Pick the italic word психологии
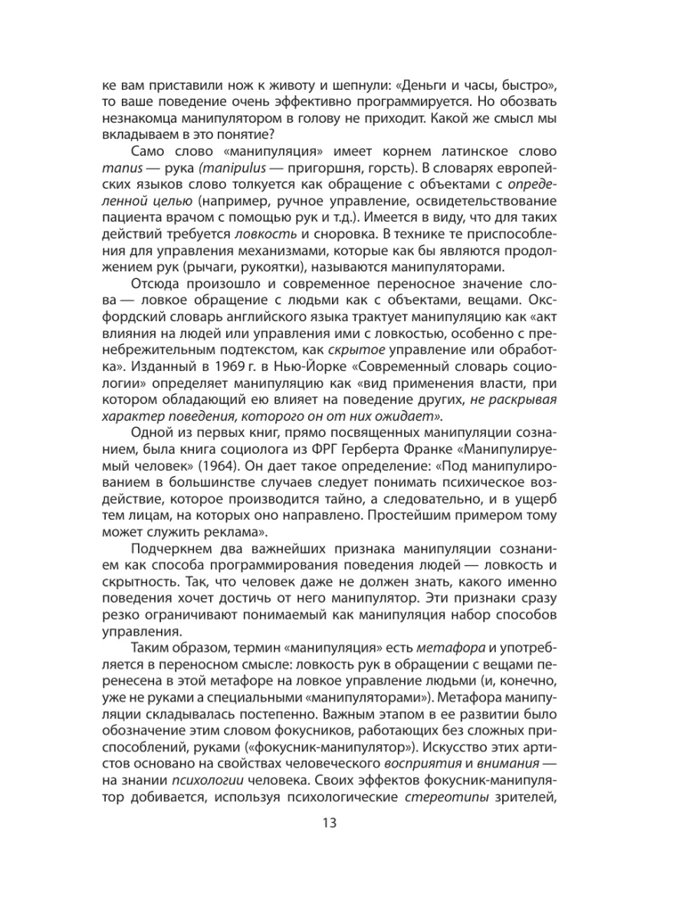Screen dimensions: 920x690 pos(202,777)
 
